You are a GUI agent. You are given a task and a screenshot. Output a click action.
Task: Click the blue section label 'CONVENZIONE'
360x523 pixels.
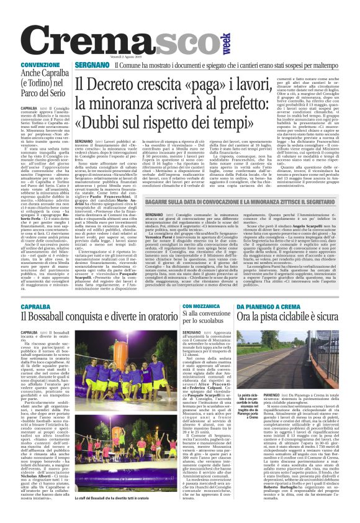point(40,65)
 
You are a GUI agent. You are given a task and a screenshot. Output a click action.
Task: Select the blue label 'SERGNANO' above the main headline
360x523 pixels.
point(92,65)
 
